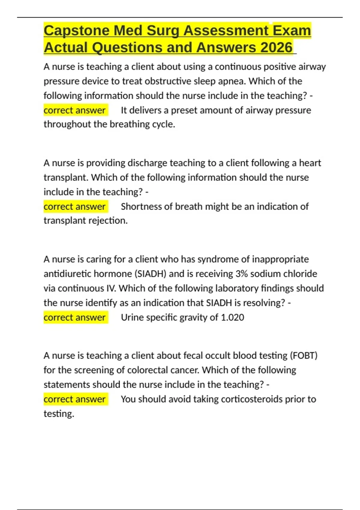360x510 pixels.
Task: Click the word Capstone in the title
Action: tap(76, 31)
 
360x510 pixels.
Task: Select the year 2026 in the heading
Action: tap(276, 48)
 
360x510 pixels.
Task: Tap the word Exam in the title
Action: tap(292, 31)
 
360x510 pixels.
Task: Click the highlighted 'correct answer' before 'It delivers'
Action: tap(74, 110)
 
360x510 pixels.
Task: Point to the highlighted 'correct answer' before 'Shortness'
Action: tap(74, 206)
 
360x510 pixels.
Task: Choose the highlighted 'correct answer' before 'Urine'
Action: tap(74, 317)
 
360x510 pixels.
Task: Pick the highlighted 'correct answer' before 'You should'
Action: tap(74, 399)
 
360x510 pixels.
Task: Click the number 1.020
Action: tap(232, 317)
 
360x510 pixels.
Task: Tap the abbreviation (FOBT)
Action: tap(303, 355)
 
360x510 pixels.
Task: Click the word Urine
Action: tap(132, 317)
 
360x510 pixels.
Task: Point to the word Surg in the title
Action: tap(163, 31)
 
